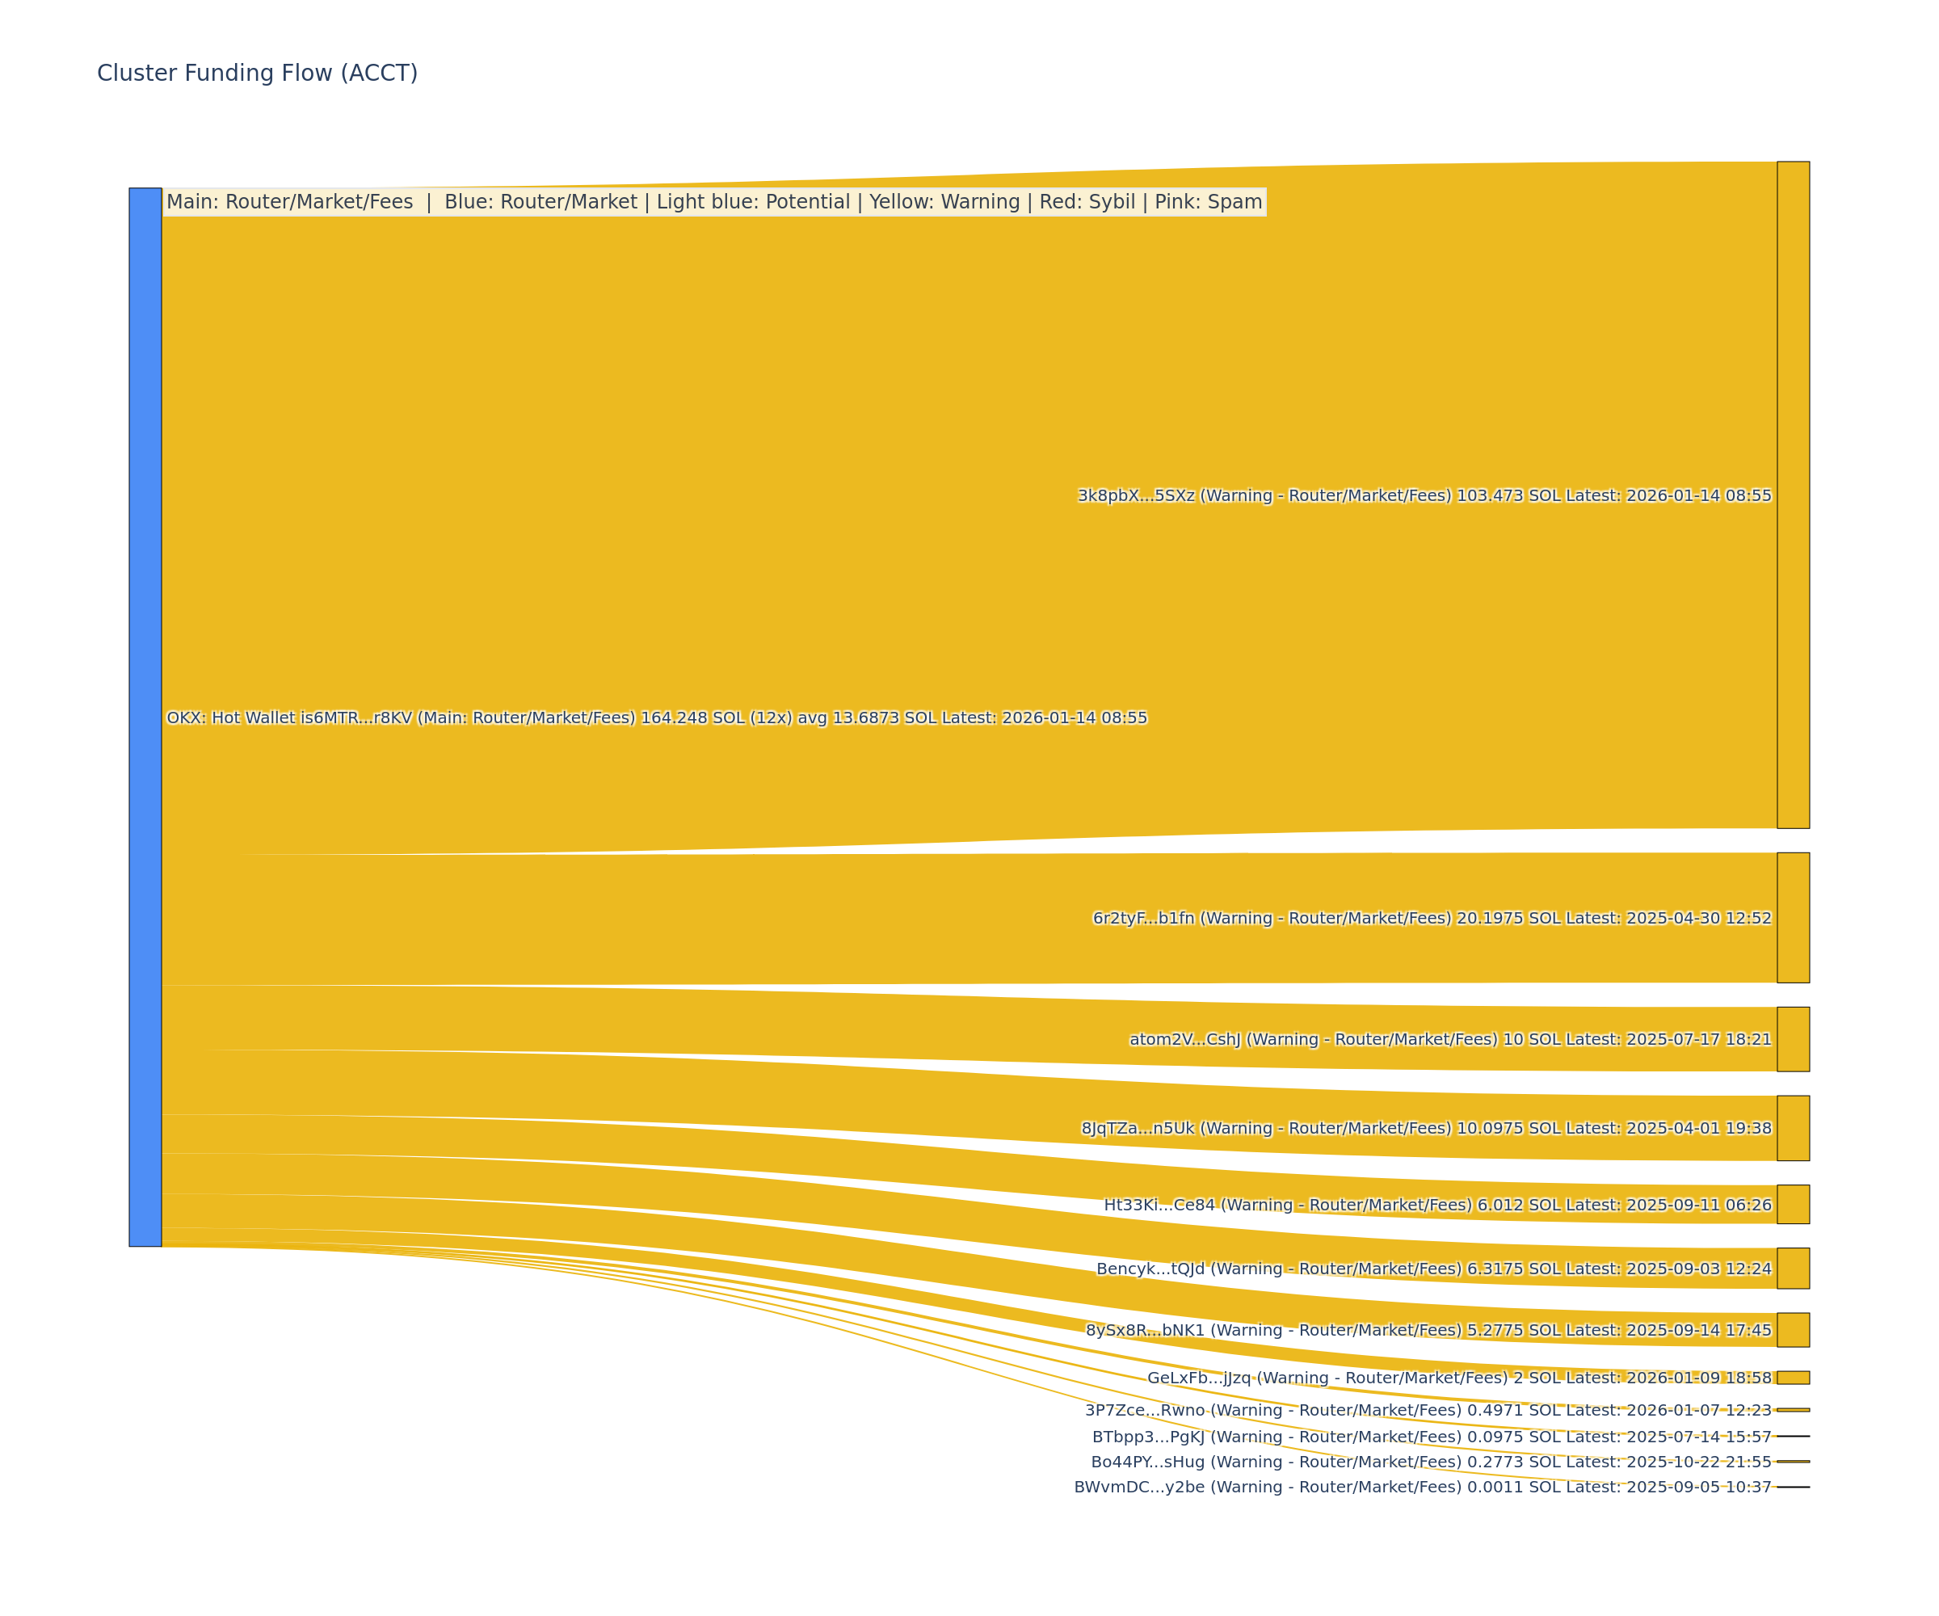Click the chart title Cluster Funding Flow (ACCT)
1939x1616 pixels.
pos(257,73)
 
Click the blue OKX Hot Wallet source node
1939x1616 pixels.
pos(145,717)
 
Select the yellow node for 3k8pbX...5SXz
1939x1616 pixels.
pos(1792,495)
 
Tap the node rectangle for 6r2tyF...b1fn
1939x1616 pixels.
pos(1792,917)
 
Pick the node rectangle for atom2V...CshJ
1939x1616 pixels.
pos(1792,1039)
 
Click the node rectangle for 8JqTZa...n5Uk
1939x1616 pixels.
pos(1792,1127)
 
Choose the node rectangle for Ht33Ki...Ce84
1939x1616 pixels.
pos(1792,1204)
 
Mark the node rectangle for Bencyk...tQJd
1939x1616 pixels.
pos(1792,1268)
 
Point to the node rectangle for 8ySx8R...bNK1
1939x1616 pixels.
pos(1792,1330)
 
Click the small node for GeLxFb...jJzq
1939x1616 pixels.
pos(1792,1378)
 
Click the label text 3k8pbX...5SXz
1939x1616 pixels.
pos(1137,496)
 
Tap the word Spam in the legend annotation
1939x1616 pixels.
pos(1239,201)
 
